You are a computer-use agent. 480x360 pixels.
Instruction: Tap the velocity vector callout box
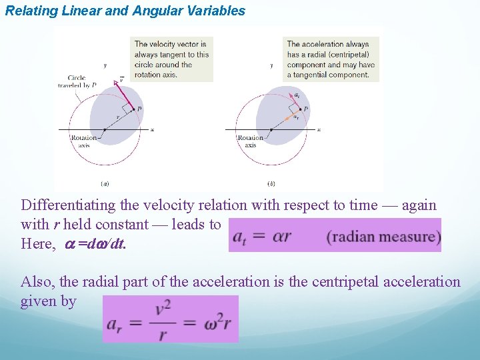(x=172, y=59)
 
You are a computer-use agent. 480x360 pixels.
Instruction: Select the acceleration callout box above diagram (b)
(x=331, y=59)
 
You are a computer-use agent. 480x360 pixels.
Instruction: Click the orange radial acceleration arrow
(x=291, y=115)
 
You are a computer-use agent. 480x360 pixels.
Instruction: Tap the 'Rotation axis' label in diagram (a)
(x=84, y=141)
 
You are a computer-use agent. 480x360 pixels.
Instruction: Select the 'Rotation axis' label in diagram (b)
(x=250, y=141)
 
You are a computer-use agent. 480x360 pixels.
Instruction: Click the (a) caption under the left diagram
(x=105, y=183)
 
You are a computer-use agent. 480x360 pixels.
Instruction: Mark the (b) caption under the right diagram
(x=271, y=183)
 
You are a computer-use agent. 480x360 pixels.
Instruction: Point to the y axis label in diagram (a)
(x=105, y=65)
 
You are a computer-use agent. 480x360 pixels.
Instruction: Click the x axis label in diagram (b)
(x=319, y=129)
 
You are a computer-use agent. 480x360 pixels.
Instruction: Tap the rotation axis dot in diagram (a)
(x=105, y=129)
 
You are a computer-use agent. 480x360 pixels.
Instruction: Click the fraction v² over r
(x=163, y=319)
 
